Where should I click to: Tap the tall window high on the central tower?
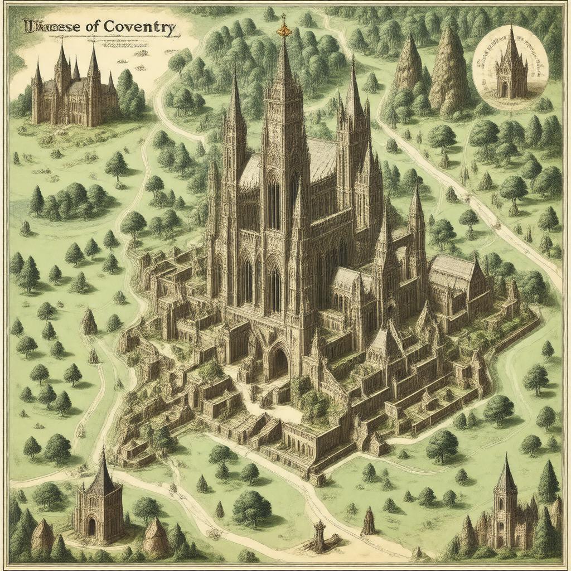273,204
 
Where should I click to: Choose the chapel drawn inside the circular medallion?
511,67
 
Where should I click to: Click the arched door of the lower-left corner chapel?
91,526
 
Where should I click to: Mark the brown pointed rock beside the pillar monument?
368,521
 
